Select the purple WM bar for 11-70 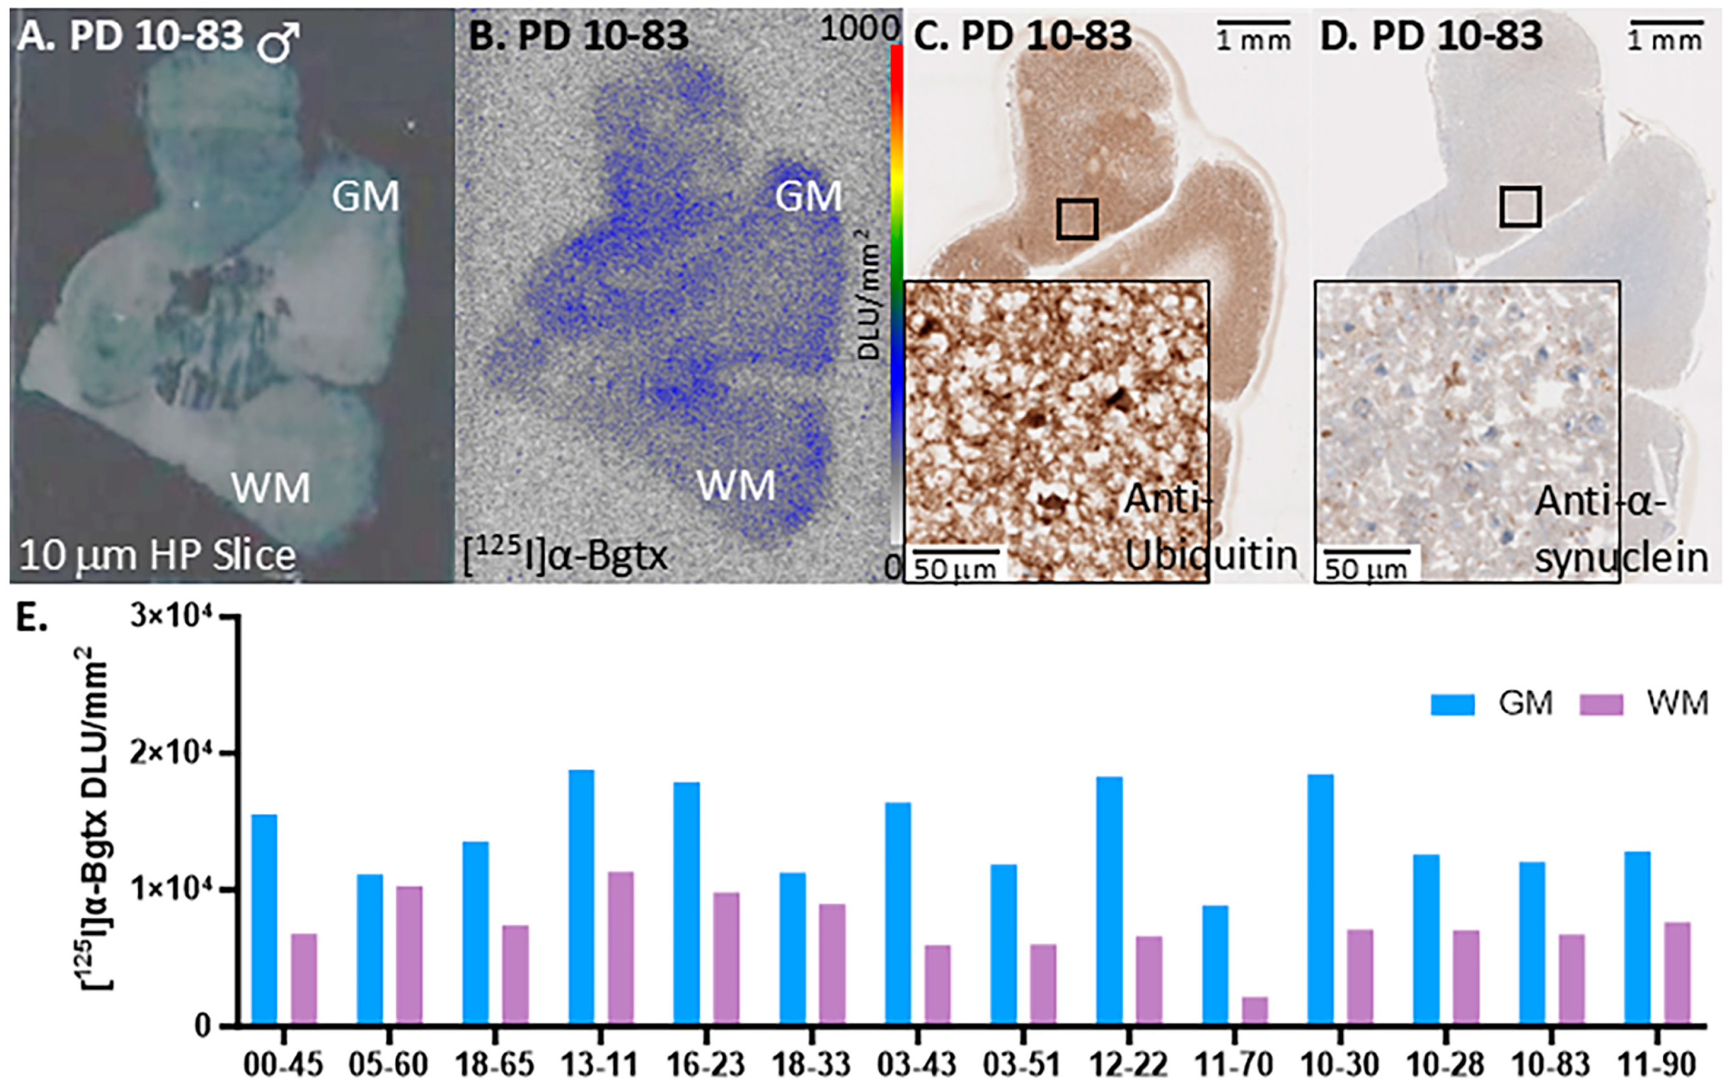[1255, 1010]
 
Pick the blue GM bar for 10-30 [1320, 899]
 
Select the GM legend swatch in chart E [1452, 704]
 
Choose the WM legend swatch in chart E [1601, 704]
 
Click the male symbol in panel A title [279, 42]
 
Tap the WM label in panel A [271, 488]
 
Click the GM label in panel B [808, 197]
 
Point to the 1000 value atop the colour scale [859, 29]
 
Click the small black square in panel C [1076, 219]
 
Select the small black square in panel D [1520, 207]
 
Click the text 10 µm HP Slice [157, 556]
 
